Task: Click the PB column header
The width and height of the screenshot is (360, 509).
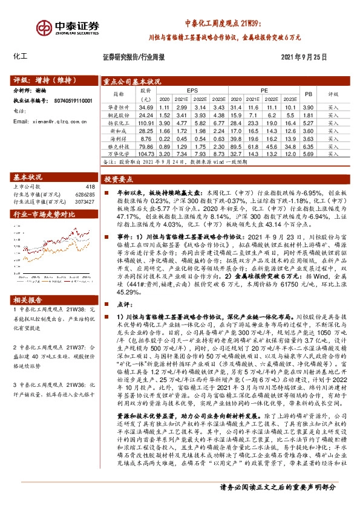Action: (308, 94)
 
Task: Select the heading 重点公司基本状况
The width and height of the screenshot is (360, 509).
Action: (131, 80)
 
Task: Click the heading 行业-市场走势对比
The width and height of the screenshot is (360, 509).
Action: (44, 215)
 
